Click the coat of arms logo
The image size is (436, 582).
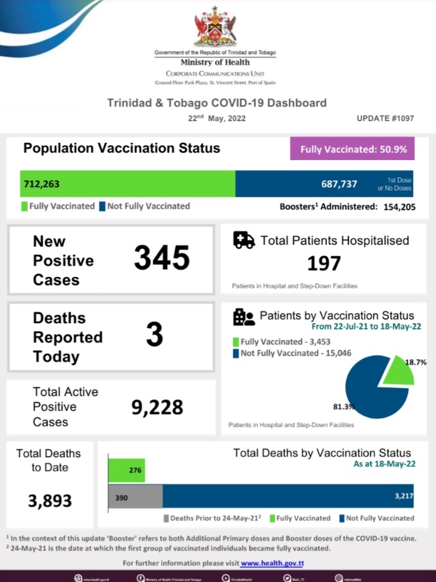(215, 27)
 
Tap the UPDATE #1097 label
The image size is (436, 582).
(385, 118)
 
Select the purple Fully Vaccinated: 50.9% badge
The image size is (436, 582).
(352, 149)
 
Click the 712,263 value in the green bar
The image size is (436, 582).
(42, 183)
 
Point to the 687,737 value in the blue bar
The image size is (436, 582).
(339, 183)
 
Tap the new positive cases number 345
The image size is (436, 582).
(162, 258)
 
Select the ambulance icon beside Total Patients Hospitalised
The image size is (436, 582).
(244, 240)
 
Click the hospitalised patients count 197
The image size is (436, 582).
(324, 264)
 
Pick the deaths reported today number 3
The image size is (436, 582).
(154, 335)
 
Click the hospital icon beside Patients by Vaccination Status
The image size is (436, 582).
(243, 317)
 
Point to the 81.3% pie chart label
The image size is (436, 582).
(344, 407)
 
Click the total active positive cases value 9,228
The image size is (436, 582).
(157, 407)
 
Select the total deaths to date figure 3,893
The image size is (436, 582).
(50, 500)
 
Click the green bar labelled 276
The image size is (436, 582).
(127, 470)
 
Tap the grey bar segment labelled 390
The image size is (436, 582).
(135, 497)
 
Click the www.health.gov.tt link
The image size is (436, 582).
(272, 563)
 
